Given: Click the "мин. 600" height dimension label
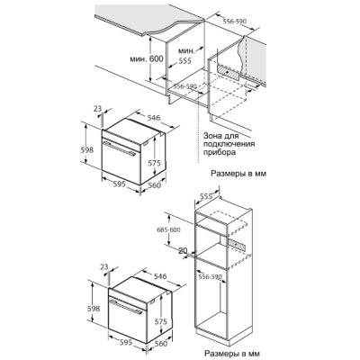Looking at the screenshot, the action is [147, 58].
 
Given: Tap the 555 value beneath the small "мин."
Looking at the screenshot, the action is [184, 61].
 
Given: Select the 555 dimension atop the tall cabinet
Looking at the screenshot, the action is [206, 196].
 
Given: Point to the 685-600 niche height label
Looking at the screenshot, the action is [168, 230].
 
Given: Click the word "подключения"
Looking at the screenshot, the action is [229, 144].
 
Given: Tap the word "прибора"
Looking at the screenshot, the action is [220, 152].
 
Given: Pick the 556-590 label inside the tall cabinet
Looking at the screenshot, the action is [211, 276].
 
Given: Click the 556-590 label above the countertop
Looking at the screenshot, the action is [235, 22].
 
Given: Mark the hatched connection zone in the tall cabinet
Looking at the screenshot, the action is [237, 246].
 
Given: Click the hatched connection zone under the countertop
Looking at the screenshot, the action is [229, 73].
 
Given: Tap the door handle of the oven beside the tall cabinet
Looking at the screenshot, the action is [126, 307].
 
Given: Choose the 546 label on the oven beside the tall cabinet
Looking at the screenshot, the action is [160, 276].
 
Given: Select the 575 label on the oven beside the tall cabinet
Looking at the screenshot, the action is [161, 321].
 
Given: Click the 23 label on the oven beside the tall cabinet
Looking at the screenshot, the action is [103, 266].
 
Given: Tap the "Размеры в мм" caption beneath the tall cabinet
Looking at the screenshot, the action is [232, 353].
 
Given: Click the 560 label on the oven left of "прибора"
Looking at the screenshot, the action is [155, 185].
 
